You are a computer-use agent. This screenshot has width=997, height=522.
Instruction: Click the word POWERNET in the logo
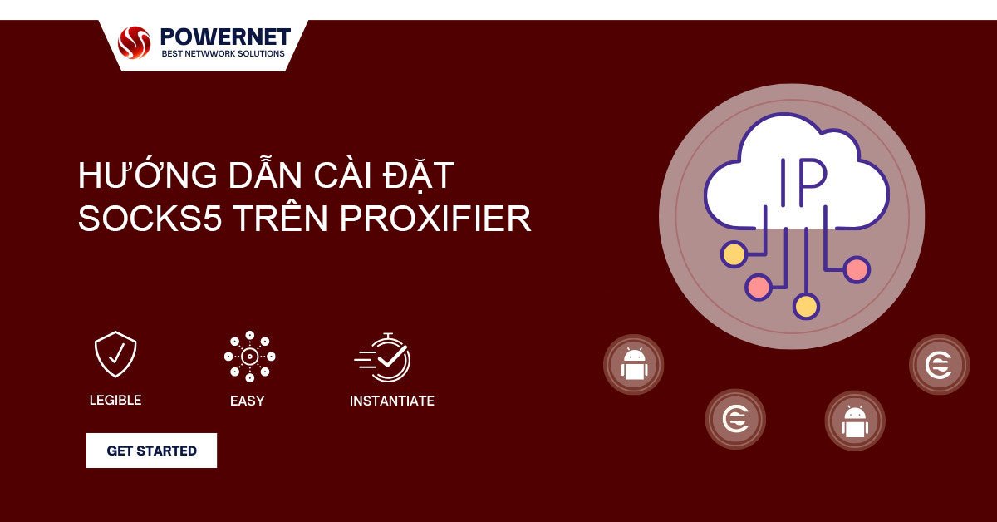225,37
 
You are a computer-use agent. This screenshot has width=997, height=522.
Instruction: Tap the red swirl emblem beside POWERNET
134,42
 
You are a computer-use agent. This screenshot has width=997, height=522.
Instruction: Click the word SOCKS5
150,219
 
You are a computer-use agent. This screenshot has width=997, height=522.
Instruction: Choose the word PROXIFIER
435,219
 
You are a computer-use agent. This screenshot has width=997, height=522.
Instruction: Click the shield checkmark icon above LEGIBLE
115,354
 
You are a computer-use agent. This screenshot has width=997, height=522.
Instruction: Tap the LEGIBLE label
115,400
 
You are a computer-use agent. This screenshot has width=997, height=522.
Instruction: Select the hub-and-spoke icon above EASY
250,357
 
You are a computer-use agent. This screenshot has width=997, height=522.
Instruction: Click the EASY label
247,401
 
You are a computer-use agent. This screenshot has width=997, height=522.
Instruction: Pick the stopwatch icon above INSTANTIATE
383,357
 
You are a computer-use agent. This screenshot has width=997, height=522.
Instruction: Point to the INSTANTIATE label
392,401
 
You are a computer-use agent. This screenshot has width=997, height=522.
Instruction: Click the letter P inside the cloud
813,182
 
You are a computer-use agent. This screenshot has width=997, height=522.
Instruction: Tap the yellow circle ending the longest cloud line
806,306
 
